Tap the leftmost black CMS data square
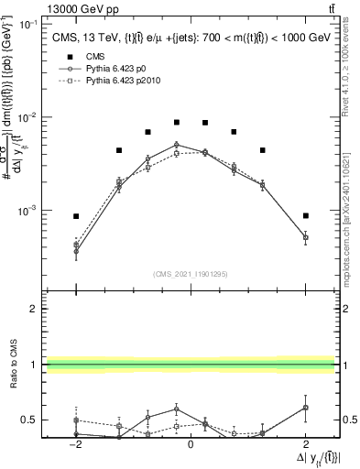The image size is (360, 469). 76,216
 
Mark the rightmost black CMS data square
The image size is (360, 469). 306,215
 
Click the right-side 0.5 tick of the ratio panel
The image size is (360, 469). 347,420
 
